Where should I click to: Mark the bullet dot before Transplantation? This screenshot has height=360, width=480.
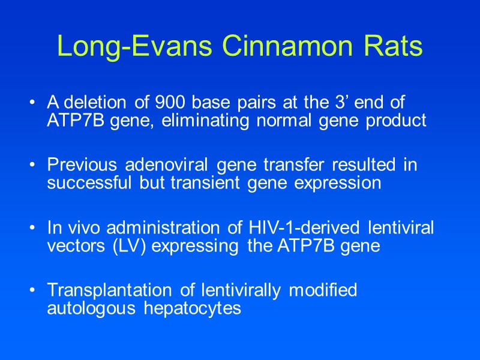31,291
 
